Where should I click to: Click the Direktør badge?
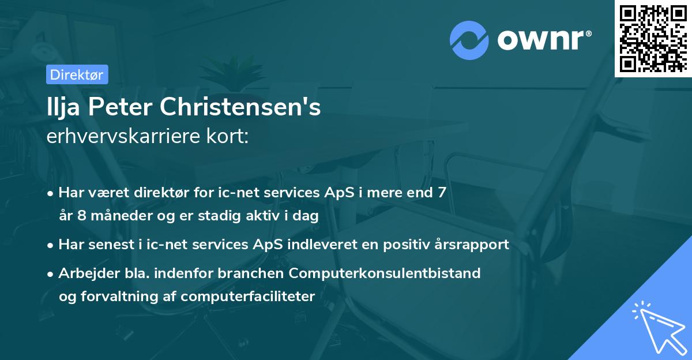point(77,74)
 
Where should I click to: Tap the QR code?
point(652,38)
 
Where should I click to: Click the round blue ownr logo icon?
point(469,40)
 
